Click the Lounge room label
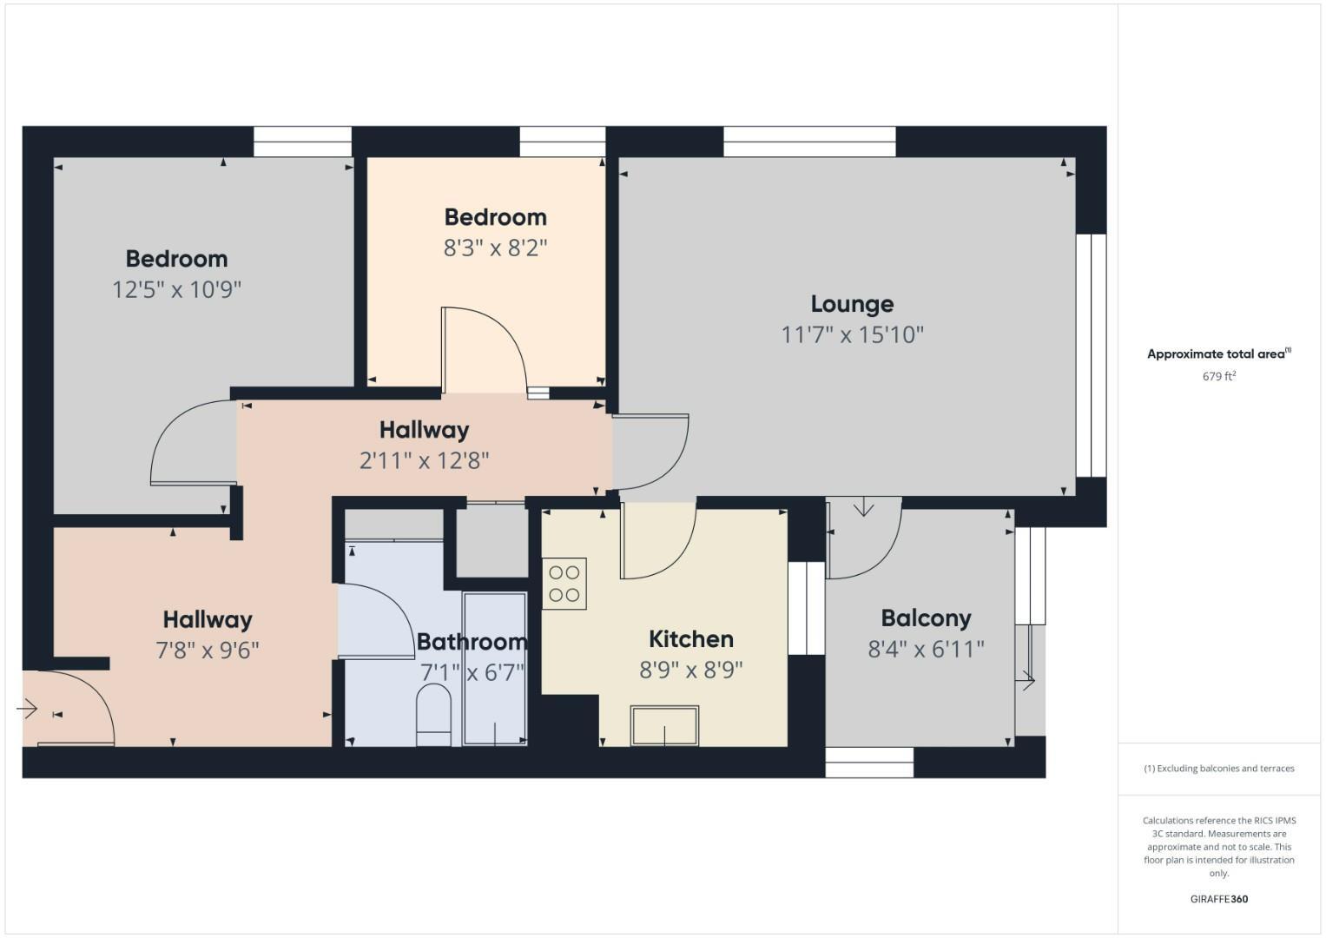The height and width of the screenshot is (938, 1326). point(852,304)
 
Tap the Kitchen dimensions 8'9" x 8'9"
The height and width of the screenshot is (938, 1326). point(690,670)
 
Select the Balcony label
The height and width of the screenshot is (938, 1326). point(926,618)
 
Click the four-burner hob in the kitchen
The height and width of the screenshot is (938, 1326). point(564,584)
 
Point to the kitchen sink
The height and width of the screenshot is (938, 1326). point(665,726)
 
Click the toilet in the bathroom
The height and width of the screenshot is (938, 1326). point(434,714)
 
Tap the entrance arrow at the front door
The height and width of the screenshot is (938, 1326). point(28,710)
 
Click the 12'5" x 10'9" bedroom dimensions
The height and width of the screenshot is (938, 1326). point(176,289)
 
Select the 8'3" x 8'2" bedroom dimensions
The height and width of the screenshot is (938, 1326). point(495,248)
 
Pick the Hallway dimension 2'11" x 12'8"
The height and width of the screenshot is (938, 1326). point(424,460)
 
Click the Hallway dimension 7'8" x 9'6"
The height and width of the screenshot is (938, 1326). point(208,650)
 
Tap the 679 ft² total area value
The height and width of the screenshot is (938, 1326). point(1218,376)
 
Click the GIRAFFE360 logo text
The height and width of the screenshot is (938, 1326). point(1218,899)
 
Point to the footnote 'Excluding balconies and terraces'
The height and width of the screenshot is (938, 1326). point(1219,769)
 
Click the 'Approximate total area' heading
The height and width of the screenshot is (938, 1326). point(1217,354)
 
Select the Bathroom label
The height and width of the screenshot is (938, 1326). point(472,642)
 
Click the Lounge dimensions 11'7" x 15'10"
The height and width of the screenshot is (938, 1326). point(852,335)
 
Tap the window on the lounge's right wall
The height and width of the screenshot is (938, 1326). point(1091,355)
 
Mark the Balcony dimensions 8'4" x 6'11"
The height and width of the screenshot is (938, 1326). point(926,650)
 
